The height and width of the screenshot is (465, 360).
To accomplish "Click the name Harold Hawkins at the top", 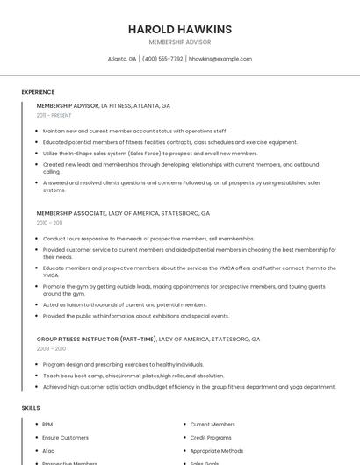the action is click(180, 29).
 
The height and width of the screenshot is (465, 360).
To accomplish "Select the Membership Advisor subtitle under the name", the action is click(180, 42).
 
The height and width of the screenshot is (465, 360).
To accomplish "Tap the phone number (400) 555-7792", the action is click(162, 59).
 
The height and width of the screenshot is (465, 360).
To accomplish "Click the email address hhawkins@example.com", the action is click(220, 59).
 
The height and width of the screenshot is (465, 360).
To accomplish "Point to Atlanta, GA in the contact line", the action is click(122, 59).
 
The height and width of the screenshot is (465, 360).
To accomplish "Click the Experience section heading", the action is click(38, 92).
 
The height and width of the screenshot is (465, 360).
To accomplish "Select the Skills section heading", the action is click(31, 408).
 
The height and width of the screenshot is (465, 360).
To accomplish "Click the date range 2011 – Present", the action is click(54, 115).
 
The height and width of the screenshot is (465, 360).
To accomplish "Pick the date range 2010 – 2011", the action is click(50, 223).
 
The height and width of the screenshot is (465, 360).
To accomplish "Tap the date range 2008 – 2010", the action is click(51, 348).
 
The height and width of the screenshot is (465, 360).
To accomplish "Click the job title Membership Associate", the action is click(71, 213).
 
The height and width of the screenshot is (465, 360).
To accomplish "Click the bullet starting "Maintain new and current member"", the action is click(134, 131).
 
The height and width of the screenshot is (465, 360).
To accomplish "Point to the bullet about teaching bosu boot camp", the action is click(133, 375).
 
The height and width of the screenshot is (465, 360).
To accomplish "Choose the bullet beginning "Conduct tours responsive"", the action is click(136, 239).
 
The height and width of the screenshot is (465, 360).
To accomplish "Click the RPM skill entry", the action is click(47, 425).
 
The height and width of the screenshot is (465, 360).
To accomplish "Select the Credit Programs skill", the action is click(211, 437).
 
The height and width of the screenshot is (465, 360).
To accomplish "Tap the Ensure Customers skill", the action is click(65, 437).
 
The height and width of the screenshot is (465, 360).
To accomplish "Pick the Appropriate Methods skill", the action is click(216, 450).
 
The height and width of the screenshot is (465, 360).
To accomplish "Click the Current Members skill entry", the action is click(212, 425).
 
